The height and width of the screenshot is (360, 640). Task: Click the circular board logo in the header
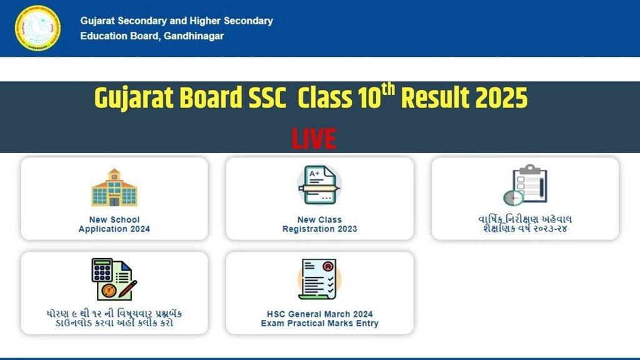[x=37, y=28]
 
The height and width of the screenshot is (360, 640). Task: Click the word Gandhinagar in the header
[x=194, y=36]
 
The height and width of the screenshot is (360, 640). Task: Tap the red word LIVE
[x=314, y=139]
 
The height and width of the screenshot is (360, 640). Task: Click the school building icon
[x=114, y=187]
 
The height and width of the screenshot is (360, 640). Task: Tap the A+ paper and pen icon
[x=319, y=185]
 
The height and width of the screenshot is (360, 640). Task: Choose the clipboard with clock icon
[x=525, y=185]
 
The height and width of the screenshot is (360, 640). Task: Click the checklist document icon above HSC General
[x=319, y=279]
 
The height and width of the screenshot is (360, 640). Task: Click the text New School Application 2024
[x=114, y=224]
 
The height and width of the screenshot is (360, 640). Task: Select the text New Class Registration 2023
[x=319, y=224]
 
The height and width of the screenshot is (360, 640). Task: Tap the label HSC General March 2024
[x=319, y=314]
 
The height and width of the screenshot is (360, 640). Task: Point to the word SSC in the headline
[x=267, y=98]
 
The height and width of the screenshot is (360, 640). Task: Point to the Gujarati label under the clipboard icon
[x=525, y=224]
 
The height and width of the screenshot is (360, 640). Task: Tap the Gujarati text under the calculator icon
[x=114, y=318]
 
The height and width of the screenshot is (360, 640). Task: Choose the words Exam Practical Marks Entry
[x=319, y=324]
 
